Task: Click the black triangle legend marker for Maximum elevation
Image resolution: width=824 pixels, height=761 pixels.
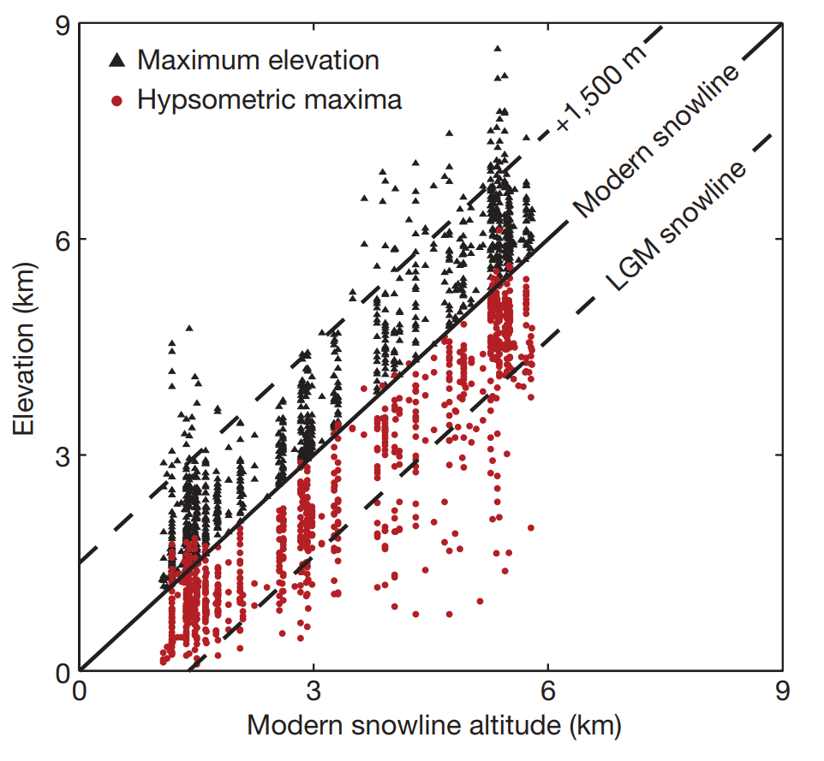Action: click(x=116, y=61)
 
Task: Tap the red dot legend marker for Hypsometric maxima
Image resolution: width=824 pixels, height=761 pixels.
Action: click(x=116, y=101)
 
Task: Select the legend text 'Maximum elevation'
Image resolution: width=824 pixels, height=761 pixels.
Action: click(x=258, y=61)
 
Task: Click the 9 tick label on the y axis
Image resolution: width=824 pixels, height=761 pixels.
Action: click(x=61, y=27)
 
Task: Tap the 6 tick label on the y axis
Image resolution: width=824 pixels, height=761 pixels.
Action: click(x=61, y=239)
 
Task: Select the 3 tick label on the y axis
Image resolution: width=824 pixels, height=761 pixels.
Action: click(x=61, y=455)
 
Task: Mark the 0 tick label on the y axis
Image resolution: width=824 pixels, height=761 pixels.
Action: click(x=61, y=671)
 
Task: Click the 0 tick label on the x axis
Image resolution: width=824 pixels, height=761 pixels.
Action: click(x=80, y=692)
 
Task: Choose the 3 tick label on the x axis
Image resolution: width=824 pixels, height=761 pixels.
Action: click(x=313, y=692)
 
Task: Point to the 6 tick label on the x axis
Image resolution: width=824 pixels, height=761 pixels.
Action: click(x=547, y=692)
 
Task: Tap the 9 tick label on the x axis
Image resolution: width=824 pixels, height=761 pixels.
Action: click(x=781, y=692)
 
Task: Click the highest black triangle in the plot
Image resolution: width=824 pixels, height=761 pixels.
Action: click(x=497, y=49)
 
